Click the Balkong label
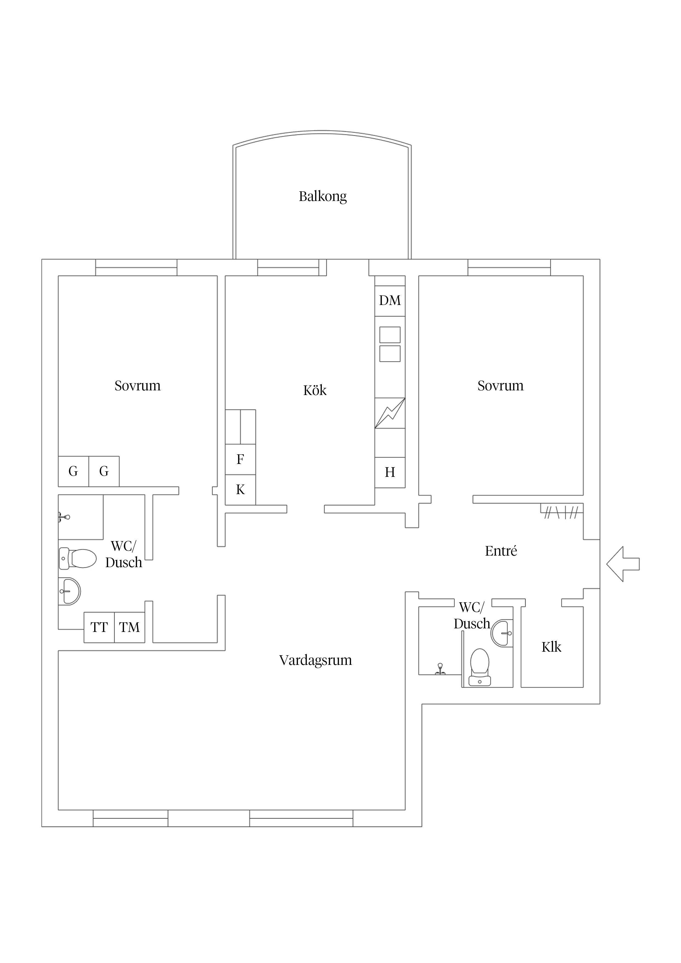tap(323, 196)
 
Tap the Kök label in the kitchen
tap(315, 390)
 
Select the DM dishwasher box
tap(390, 301)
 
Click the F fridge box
tap(241, 459)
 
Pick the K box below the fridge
tap(241, 489)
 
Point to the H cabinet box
tap(390, 472)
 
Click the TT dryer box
tap(99, 628)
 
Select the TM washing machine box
tap(130, 628)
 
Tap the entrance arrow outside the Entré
tap(623, 564)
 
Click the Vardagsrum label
tap(316, 660)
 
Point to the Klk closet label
tap(551, 647)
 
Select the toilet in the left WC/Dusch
tap(78, 559)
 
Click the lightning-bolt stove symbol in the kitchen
tap(390, 413)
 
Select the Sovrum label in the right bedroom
tap(501, 385)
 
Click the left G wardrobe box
tap(73, 471)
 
